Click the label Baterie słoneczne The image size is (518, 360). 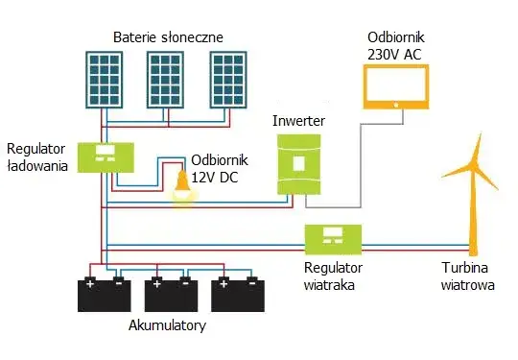[168, 36]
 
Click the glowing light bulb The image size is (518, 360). [179, 187]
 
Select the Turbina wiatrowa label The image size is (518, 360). [468, 276]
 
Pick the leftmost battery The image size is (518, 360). [105, 294]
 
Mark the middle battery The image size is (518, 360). [171, 294]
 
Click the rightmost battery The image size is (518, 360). [238, 294]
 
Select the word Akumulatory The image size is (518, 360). [167, 326]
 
